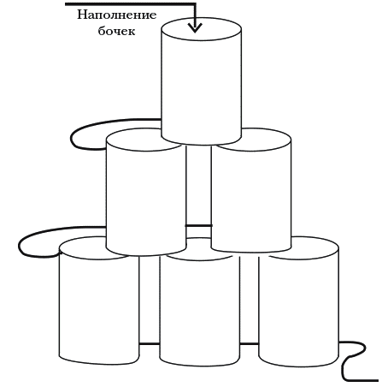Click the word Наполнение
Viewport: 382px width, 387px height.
click(x=117, y=15)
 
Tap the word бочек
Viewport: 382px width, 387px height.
click(x=116, y=31)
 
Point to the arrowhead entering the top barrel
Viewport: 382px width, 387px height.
click(x=195, y=27)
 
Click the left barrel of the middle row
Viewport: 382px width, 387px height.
click(x=146, y=192)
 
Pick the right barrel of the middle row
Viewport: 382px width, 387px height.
click(x=251, y=191)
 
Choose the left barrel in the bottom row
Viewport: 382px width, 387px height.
click(x=99, y=301)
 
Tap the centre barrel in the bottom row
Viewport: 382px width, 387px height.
click(x=200, y=301)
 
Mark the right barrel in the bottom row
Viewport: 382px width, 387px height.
click(x=299, y=301)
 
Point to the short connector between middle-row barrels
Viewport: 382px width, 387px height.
click(x=198, y=225)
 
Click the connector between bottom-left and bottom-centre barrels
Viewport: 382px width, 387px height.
click(x=150, y=344)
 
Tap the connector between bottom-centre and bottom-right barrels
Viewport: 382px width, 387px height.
click(x=250, y=344)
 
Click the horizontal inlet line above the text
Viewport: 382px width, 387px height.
click(x=131, y=4)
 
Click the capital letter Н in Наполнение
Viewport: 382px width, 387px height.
click(x=82, y=15)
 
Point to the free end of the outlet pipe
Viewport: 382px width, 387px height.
click(x=379, y=380)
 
